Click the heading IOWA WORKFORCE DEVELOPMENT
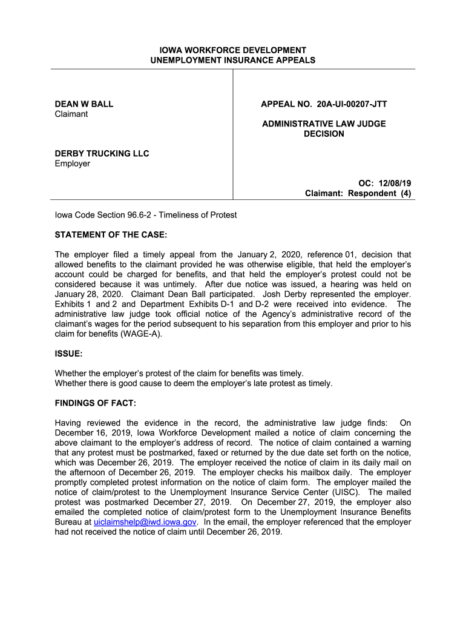tap(233, 50)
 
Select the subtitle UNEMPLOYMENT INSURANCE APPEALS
tap(233, 60)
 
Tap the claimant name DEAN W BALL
tap(84, 104)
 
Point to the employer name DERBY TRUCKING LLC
tap(102, 153)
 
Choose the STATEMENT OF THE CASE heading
tap(111, 235)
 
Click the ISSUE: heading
tap(68, 353)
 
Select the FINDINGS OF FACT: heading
tap(96, 403)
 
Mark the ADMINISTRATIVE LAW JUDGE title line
tap(324, 124)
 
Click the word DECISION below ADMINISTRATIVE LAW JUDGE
tap(324, 134)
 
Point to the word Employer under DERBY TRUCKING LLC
tap(73, 163)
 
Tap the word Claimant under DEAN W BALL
tap(71, 114)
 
